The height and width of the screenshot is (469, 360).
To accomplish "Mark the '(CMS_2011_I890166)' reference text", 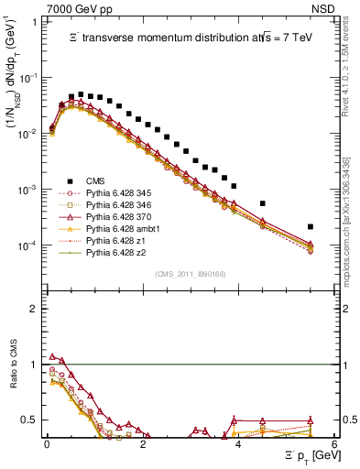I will point(192,273).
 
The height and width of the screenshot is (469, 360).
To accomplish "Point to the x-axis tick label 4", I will point(238,445).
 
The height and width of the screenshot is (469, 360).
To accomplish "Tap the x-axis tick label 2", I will point(143,445).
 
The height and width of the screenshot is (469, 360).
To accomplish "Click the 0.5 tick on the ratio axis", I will point(33,420).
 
